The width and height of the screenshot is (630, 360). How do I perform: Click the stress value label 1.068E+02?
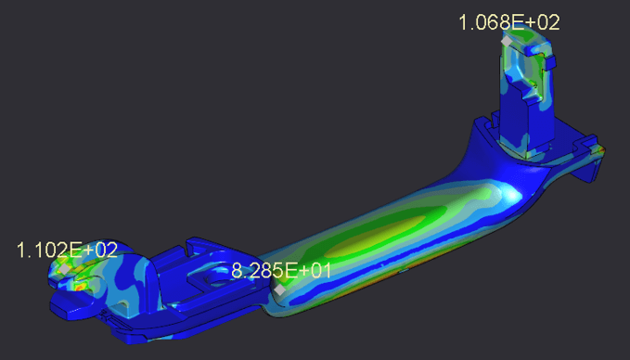pyautogui.click(x=509, y=22)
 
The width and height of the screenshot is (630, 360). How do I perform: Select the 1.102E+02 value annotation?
pyautogui.click(x=67, y=250)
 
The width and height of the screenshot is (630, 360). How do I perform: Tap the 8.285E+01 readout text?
pyautogui.click(x=281, y=271)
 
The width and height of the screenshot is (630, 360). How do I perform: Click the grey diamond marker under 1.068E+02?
pyautogui.click(x=507, y=41)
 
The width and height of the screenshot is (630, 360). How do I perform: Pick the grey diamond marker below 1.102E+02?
pyautogui.click(x=64, y=268)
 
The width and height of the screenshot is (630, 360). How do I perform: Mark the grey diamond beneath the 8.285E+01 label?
pyautogui.click(x=279, y=289)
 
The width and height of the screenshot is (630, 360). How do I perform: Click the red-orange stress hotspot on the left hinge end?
pyautogui.click(x=80, y=287)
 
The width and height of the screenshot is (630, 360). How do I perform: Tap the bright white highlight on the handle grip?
pyautogui.click(x=511, y=196)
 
